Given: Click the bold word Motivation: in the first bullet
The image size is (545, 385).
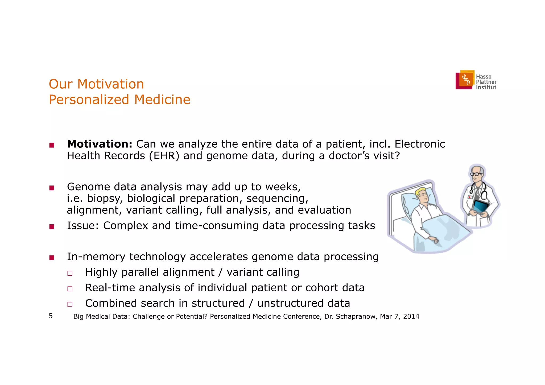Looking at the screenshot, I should click(x=100, y=144).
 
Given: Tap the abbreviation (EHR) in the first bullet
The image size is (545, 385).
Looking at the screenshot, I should click(x=164, y=156).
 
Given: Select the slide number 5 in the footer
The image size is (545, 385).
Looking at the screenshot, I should click(x=51, y=316).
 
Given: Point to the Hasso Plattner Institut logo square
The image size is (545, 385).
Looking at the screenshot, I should click(x=465, y=80).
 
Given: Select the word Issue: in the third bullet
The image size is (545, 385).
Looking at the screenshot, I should click(x=83, y=226).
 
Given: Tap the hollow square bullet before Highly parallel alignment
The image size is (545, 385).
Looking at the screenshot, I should click(x=70, y=273).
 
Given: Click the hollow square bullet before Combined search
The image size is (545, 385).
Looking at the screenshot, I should click(x=70, y=304).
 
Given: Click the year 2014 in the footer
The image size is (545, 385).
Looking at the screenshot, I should click(x=411, y=317).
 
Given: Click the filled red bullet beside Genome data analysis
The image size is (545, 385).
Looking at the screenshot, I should click(x=52, y=188).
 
